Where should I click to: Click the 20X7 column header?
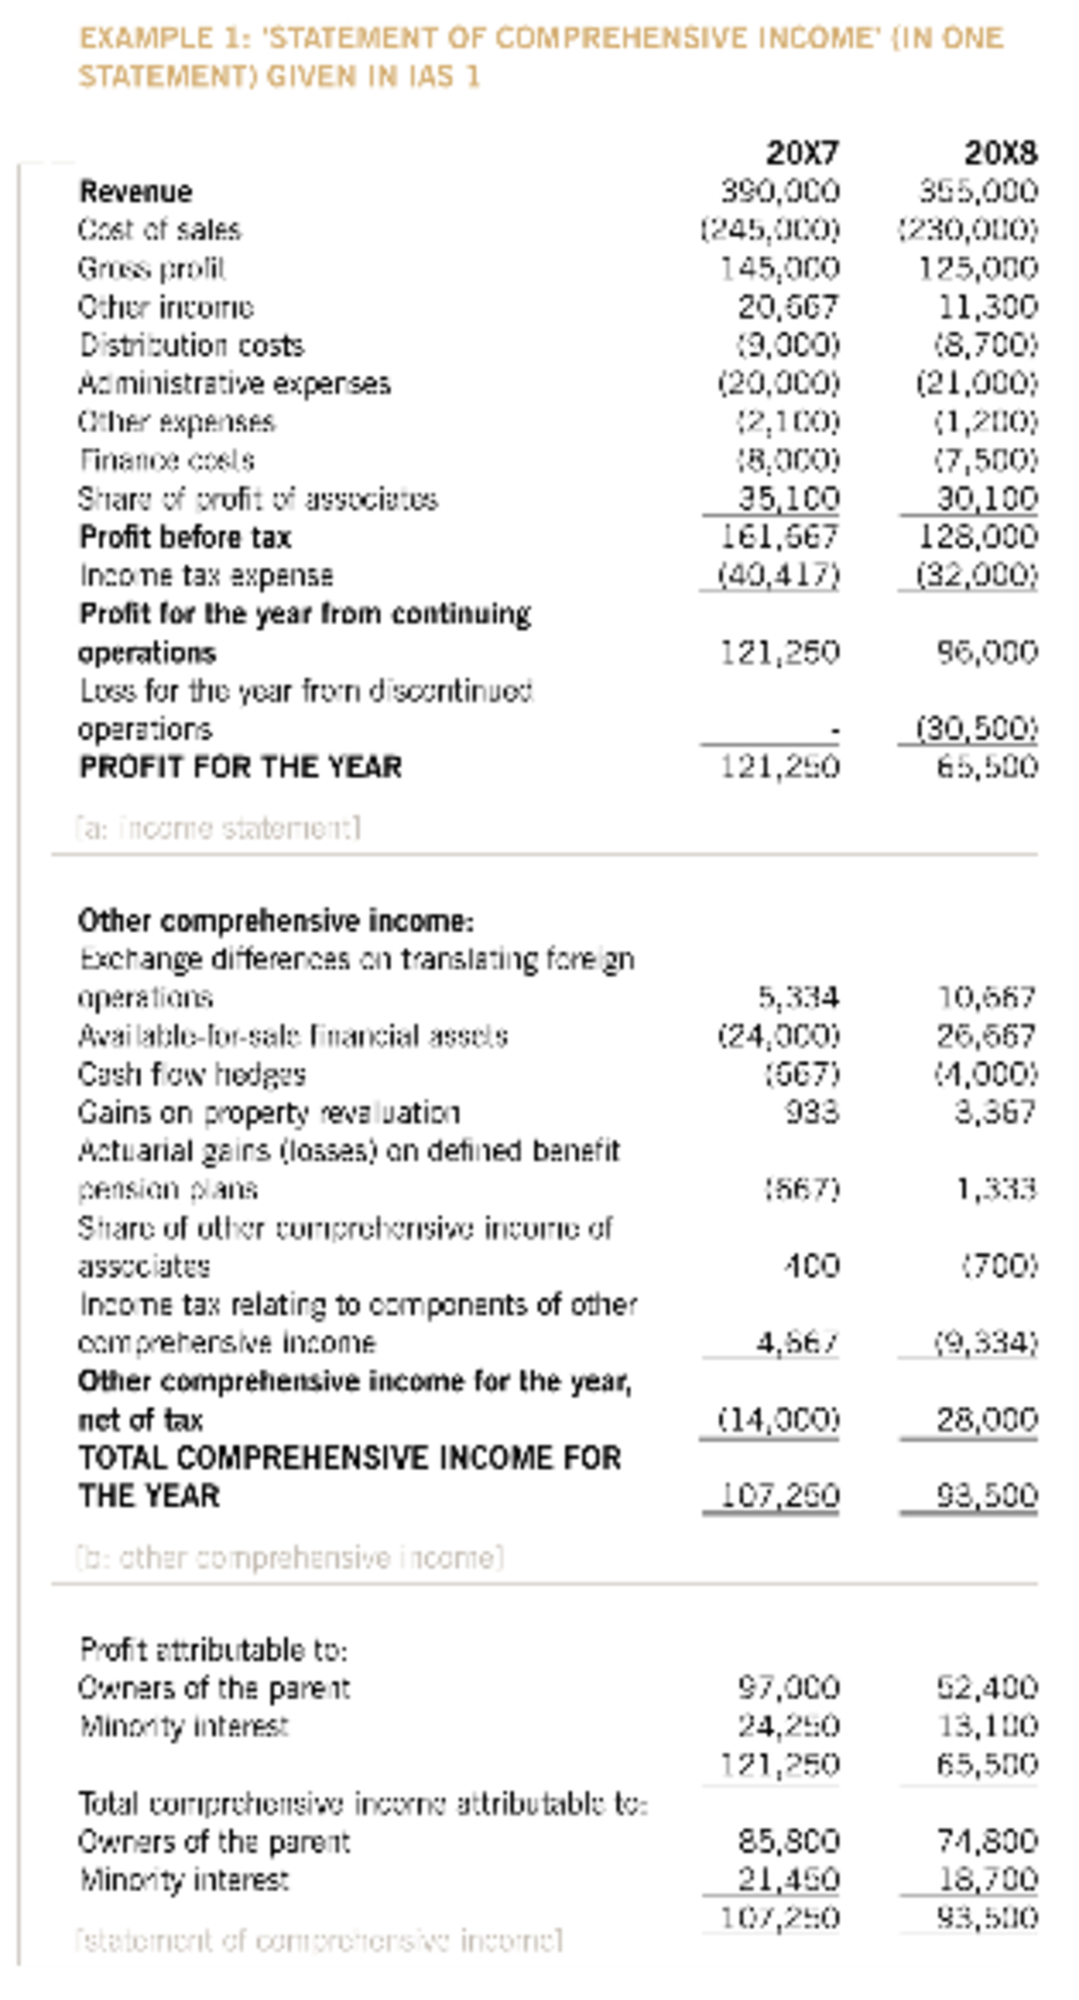click(802, 154)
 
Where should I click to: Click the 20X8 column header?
click(1001, 154)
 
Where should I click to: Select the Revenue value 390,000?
click(780, 191)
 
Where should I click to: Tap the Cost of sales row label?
click(159, 230)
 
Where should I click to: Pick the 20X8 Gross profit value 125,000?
click(977, 269)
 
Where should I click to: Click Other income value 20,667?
click(789, 307)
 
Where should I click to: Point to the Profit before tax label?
click(185, 538)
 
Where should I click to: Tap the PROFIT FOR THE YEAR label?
click(240, 768)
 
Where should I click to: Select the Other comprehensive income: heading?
click(275, 921)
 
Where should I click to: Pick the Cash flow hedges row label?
click(192, 1074)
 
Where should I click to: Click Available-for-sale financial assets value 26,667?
click(986, 1036)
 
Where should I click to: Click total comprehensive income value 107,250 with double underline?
click(780, 1496)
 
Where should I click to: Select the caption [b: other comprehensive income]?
click(290, 1557)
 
